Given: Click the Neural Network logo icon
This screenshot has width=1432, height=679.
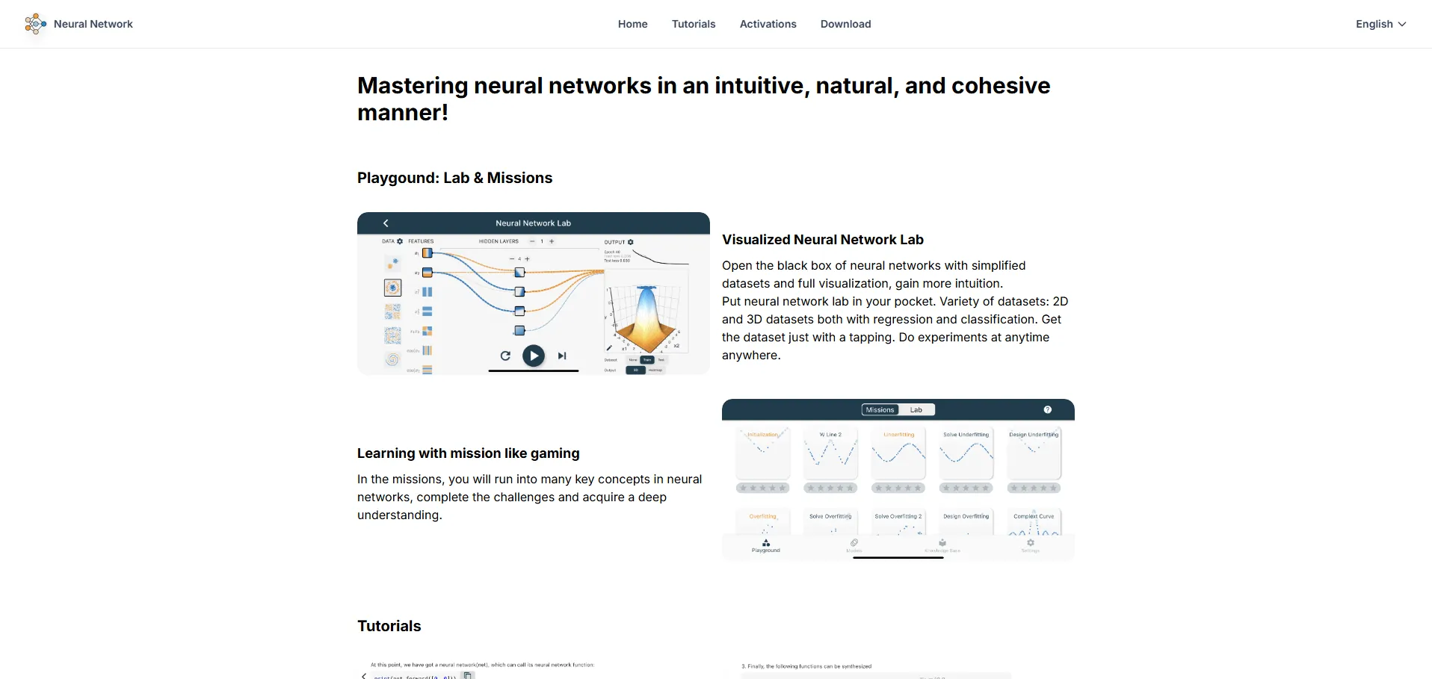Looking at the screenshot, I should pos(35,24).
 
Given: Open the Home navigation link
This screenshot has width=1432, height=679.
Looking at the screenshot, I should pos(632,24).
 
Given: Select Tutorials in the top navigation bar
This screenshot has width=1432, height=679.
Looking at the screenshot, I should pos(694,24).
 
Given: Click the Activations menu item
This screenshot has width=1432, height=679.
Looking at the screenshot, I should pos(768,24).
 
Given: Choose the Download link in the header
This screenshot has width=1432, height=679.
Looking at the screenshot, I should pos(845,24).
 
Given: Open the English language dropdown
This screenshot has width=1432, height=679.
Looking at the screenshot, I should pos(1380,24).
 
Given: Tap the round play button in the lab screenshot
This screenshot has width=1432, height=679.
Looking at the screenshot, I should pos(533,356).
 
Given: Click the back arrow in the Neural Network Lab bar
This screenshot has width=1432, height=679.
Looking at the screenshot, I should pos(386,223).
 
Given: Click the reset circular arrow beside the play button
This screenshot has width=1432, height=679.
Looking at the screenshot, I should pos(505,356).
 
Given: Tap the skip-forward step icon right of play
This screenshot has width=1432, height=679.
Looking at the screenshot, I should pos(562,356).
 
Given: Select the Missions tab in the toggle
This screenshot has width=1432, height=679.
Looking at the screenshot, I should pos(880,410).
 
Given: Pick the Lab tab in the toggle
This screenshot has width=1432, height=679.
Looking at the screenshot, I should pos(916,410).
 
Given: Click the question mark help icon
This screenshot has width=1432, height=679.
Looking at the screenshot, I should pos(1048,410).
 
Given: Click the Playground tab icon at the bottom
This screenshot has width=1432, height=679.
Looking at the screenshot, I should pos(765,545).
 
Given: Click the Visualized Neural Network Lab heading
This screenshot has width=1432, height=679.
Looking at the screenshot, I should pos(822,240).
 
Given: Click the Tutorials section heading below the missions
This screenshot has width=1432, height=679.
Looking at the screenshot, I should pos(389,626).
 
